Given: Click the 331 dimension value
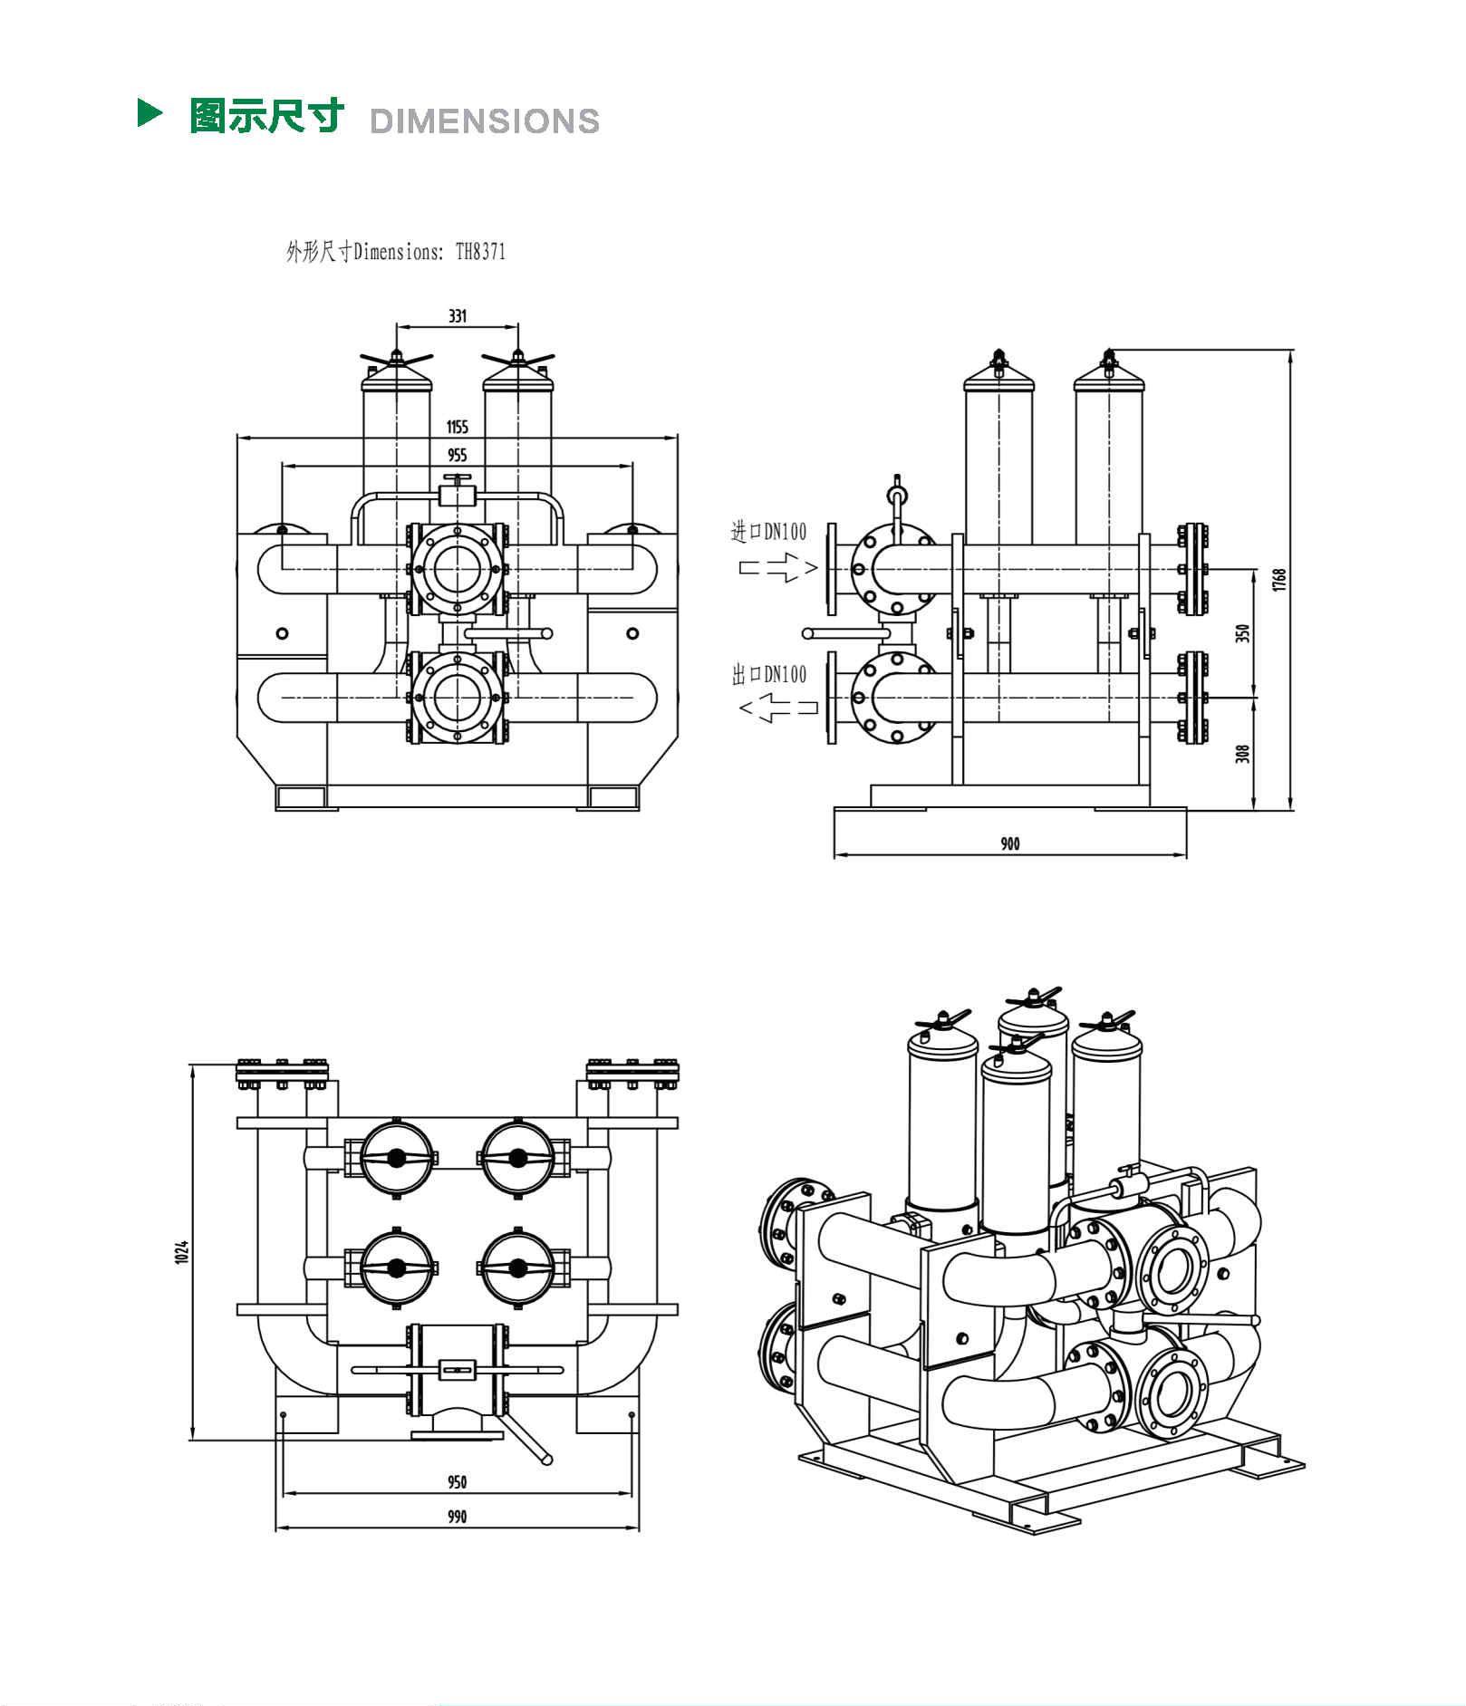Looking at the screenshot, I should point(458,316).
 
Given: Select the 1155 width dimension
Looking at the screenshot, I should point(458,427).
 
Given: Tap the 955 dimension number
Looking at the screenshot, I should point(458,455).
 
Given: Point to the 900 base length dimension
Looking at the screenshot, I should point(1010,843).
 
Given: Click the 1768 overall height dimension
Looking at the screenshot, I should point(1279,580).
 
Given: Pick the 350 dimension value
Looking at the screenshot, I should point(1243,633).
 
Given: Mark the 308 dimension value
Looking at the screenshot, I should point(1243,753).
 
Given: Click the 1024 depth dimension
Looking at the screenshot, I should point(181,1251).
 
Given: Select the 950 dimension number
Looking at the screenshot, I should point(458,1482).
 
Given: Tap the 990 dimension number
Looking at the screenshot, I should point(458,1517).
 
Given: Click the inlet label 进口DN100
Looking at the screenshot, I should point(768,532).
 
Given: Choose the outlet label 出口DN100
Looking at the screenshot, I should point(768,674).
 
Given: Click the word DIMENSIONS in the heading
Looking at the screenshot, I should point(485,121).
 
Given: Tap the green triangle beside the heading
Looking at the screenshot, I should point(149,113).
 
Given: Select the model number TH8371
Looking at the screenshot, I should point(480,252).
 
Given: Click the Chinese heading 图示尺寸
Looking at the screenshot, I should point(267,116).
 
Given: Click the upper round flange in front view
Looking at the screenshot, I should point(458,569).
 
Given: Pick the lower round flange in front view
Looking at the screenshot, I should point(458,698).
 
